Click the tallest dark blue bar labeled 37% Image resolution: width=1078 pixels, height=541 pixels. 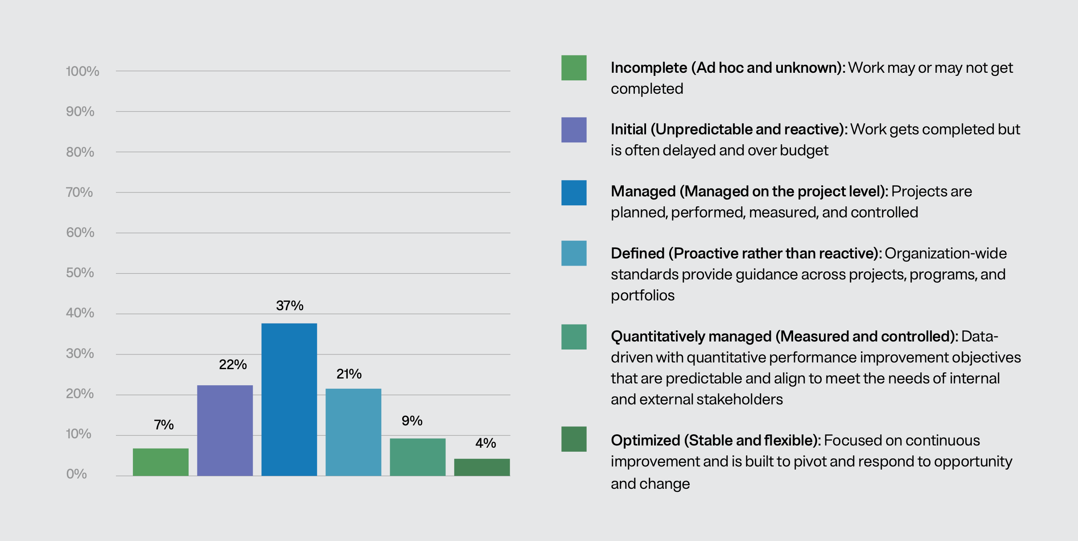[x=289, y=400]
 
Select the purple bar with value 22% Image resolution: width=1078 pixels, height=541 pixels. [x=225, y=430]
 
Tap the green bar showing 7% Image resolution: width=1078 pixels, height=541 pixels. [x=160, y=462]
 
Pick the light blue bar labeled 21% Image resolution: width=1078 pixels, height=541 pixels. [x=353, y=432]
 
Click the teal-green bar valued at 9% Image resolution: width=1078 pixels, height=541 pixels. [x=417, y=457]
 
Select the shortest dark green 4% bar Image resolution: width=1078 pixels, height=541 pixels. [x=481, y=467]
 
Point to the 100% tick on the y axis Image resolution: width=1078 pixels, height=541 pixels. [x=82, y=71]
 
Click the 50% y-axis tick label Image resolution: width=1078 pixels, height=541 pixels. [x=80, y=273]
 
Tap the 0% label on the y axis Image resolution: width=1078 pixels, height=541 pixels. [x=77, y=474]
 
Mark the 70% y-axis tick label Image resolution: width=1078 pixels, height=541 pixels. [x=79, y=192]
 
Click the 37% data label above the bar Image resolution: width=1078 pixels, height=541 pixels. [x=290, y=306]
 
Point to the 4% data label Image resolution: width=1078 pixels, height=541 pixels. [x=486, y=443]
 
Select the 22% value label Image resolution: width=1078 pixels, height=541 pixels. [x=233, y=365]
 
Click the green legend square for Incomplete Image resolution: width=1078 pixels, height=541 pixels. [x=574, y=68]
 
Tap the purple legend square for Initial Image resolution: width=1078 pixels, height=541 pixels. [x=574, y=130]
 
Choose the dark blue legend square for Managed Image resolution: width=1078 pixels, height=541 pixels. [x=574, y=193]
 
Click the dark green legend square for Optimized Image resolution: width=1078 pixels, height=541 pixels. [x=574, y=439]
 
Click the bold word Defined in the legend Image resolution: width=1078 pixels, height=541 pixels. [x=638, y=254]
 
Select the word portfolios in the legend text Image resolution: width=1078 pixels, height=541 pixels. [x=642, y=295]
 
